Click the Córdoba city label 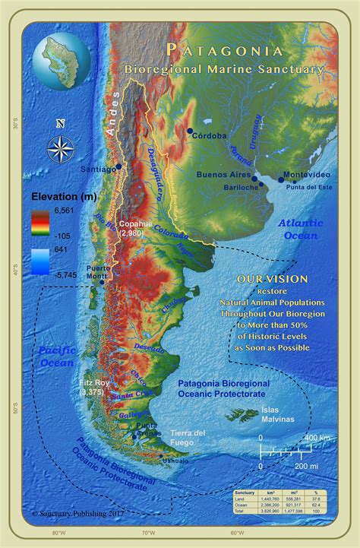click(x=210, y=136)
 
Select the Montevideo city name click(x=306, y=176)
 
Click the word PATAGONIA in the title click(x=225, y=51)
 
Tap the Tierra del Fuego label click(x=188, y=438)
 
